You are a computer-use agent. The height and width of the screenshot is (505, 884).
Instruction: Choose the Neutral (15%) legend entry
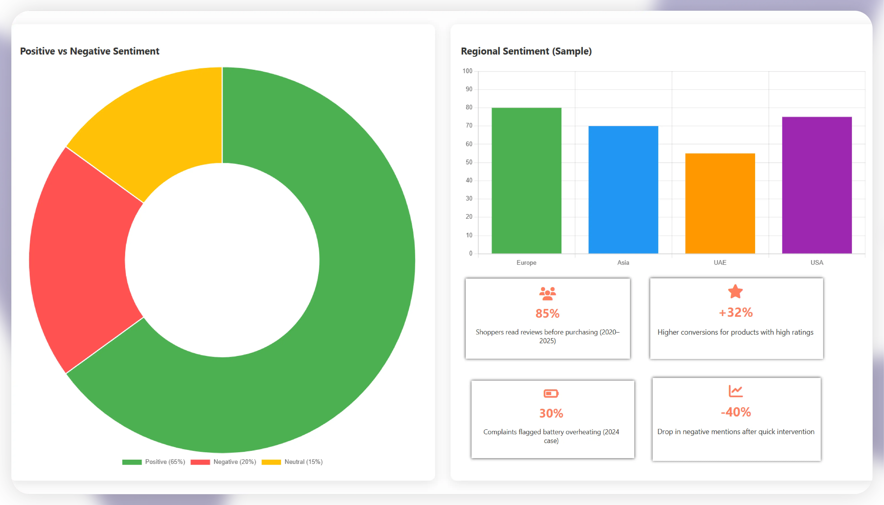point(292,462)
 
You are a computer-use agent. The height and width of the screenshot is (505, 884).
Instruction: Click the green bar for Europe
point(526,180)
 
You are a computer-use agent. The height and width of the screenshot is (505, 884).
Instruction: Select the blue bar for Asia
point(623,190)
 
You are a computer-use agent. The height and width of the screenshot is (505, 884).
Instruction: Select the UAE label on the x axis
point(720,262)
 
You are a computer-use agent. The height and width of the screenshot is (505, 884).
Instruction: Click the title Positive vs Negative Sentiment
point(90,51)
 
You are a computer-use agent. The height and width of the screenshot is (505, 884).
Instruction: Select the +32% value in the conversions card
point(736,313)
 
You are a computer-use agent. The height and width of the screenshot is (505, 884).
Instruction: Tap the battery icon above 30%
point(551,393)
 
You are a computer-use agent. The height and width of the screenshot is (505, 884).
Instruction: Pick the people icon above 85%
point(547,293)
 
